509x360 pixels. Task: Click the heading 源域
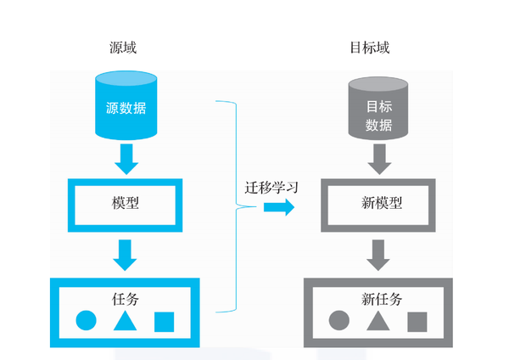pos(123,48)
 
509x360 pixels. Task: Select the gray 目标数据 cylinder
pos(378,109)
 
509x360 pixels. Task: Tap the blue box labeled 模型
pos(125,205)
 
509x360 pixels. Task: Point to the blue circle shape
pos(86,322)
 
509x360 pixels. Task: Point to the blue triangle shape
pos(125,322)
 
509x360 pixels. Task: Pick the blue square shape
pos(164,322)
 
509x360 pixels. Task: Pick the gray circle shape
pos(338,322)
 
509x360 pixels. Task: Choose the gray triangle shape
pos(378,322)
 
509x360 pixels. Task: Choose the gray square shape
pos(417,322)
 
